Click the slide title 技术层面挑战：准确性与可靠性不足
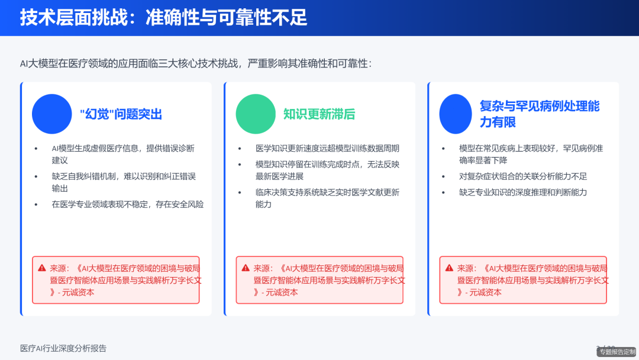coord(164,18)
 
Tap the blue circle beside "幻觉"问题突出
coord(52,114)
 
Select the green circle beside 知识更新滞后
coord(256,114)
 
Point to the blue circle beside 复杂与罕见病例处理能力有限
coord(456,114)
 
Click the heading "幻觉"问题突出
coord(121,114)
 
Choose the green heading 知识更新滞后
coord(319,114)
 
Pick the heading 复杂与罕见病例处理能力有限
coord(539,114)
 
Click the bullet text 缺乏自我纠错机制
coord(123,182)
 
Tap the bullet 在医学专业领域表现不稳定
coord(127,204)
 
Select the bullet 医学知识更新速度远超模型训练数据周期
coord(327,149)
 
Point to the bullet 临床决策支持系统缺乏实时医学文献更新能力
coord(327,198)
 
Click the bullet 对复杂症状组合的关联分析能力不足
coord(522,176)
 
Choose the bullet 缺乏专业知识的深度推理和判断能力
coord(522,192)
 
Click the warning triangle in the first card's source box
coord(42,268)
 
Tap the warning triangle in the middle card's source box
coord(246,268)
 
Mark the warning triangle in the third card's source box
coord(449,268)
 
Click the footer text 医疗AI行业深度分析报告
coord(63,348)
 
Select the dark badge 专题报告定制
coord(617,352)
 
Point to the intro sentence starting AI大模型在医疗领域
coord(196,63)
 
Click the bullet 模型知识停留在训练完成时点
coord(327,170)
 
